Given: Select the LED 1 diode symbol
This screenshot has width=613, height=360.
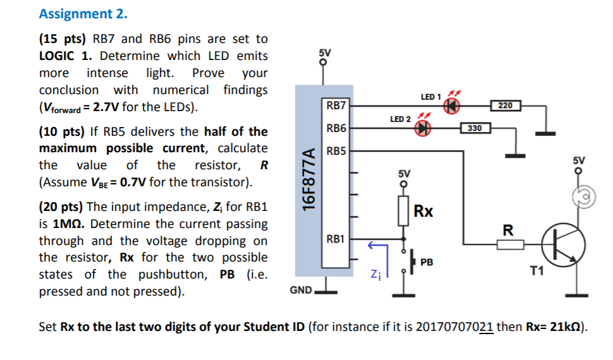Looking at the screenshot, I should [451, 106].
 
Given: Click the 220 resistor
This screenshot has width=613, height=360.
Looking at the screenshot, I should [505, 105].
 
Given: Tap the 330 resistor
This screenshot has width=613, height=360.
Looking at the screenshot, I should [475, 128].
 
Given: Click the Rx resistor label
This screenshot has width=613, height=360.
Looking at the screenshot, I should [423, 212].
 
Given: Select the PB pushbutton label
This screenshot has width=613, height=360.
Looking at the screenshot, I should [427, 261].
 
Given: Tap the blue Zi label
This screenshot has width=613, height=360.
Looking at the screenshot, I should [375, 274].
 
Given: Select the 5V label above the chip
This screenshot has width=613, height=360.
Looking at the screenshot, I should [324, 52].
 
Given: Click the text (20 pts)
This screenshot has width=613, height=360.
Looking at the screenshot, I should [61, 207].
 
